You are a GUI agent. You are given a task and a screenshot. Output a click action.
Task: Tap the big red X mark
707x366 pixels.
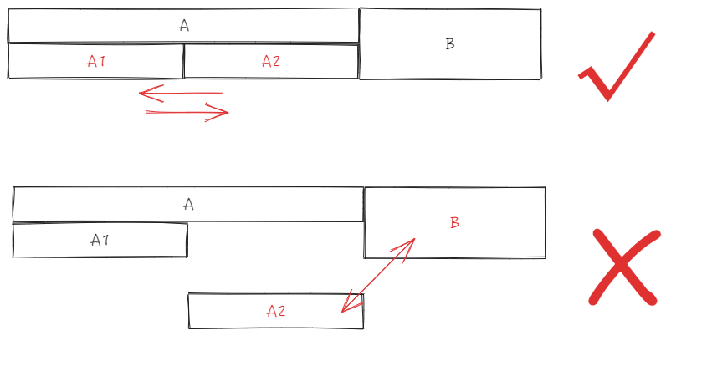click(624, 266)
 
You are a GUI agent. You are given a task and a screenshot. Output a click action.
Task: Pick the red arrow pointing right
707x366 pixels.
click(187, 112)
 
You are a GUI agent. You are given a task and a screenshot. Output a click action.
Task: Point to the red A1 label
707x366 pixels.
click(96, 61)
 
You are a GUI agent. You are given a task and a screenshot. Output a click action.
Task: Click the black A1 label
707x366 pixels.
click(100, 241)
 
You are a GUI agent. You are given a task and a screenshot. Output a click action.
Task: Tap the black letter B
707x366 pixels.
click(449, 44)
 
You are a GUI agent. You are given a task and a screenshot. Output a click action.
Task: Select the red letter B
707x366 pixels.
click(454, 223)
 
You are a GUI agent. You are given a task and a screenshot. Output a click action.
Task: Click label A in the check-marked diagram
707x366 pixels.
click(184, 26)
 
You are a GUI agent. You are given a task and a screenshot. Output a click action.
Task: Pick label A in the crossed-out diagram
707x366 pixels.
click(188, 205)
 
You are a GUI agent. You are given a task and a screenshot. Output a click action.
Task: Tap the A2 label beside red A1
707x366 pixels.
click(270, 61)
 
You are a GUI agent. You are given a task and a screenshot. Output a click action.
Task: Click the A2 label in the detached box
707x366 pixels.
click(276, 311)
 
